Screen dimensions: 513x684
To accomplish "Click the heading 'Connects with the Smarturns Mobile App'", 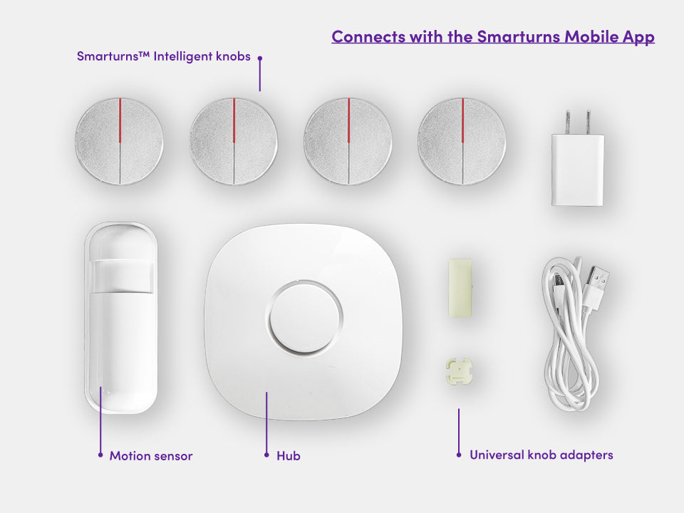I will [492, 36].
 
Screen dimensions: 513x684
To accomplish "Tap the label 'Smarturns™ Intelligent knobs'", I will [164, 56].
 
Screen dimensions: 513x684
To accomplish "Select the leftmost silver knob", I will [119, 141].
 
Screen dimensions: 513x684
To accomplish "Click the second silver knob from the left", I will [234, 141].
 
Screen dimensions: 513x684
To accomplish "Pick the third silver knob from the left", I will [348, 141].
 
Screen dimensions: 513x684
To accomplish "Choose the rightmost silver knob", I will [462, 141].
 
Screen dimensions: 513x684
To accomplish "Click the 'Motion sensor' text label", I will [151, 455].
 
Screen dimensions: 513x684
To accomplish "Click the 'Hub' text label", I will [289, 455].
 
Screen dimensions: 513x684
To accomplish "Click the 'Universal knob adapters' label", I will [541, 455].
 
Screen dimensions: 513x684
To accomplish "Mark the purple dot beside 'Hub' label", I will [266, 455].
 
